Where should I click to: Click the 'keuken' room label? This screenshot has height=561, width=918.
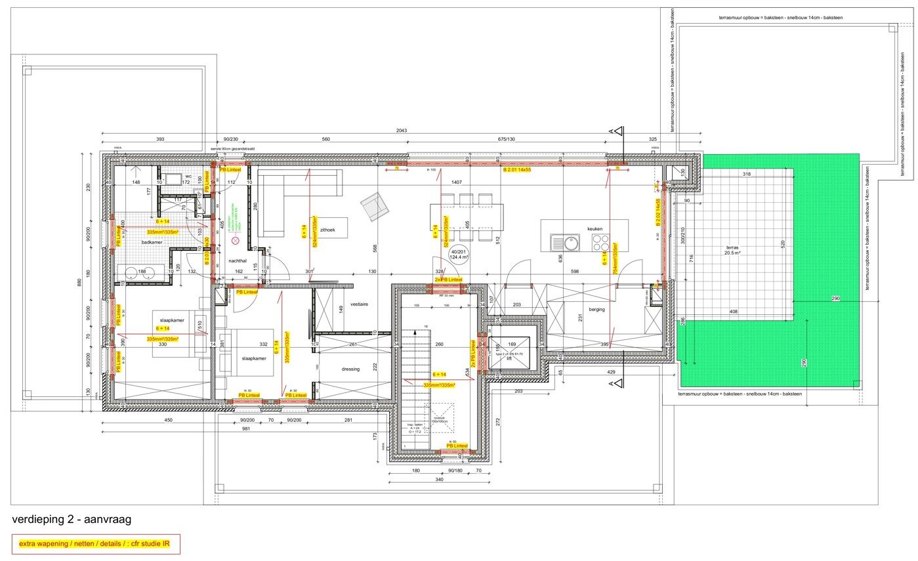(x=595, y=229)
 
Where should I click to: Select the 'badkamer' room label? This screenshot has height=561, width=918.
(x=152, y=242)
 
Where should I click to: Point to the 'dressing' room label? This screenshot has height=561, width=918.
(x=350, y=369)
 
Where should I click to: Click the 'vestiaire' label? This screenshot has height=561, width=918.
(x=359, y=304)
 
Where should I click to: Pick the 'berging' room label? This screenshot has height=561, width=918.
(x=596, y=309)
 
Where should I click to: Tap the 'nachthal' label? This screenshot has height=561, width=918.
(x=237, y=260)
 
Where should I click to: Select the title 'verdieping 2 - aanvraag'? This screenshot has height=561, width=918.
(x=72, y=519)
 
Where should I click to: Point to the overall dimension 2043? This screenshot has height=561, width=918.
(x=402, y=131)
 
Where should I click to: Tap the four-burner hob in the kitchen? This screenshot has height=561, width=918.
(x=601, y=243)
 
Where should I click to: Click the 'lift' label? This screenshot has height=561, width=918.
(x=509, y=358)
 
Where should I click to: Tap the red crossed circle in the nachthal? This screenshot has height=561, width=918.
(x=234, y=241)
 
